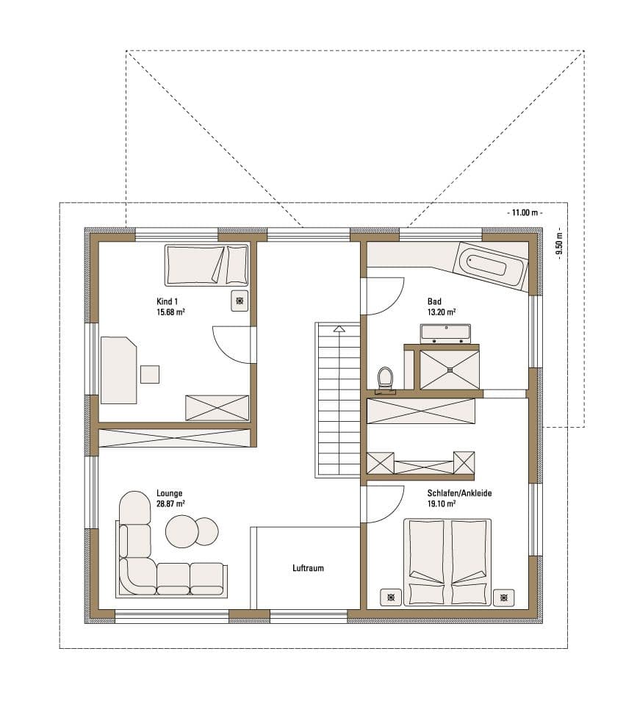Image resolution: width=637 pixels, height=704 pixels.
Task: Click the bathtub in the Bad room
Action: pos(491,265)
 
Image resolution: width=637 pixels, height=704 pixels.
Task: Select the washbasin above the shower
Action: pos(445,333)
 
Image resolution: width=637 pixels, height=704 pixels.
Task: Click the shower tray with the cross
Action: pos(449,370)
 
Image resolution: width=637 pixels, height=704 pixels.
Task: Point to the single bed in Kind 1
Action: pos(206,265)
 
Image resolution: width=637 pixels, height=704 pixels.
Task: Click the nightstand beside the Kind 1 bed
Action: pos(240,301)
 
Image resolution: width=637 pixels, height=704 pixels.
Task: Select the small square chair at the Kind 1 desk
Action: pos(150,375)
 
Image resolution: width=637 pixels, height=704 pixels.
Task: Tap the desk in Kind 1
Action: pos(118,370)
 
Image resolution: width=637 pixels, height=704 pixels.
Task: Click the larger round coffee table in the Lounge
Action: pos(181,531)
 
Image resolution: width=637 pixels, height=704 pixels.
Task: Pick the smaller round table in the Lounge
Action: pos(207,531)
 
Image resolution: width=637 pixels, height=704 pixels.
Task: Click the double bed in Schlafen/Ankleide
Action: pos(447,562)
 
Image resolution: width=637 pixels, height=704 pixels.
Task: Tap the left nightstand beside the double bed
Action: pos(391,597)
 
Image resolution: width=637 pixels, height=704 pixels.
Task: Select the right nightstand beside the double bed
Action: pos(504,597)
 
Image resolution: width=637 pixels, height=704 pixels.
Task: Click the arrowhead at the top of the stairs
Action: pos(339,329)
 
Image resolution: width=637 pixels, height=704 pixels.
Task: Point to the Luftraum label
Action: pos(308,568)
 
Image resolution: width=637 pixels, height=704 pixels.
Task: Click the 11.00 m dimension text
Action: pos(525,212)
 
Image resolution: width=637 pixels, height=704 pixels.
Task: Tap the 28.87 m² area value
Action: pos(170,504)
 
